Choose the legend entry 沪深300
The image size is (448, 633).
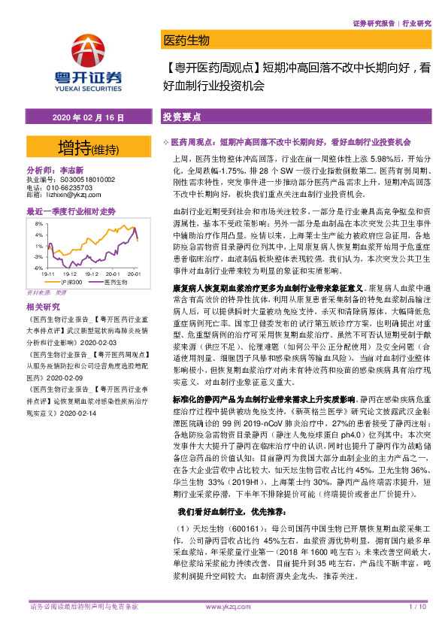[68, 282]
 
